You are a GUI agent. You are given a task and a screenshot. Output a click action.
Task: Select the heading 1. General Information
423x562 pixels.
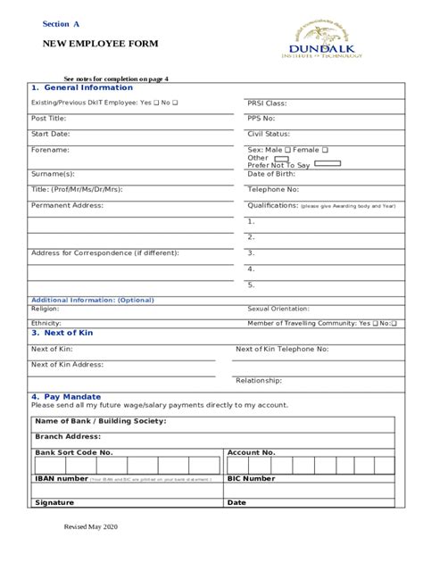[82, 88]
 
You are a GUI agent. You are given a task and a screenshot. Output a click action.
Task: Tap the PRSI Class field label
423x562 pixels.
[267, 103]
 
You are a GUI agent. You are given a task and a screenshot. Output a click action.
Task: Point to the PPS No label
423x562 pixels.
[261, 118]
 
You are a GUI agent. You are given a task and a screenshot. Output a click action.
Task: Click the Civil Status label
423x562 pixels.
[269, 134]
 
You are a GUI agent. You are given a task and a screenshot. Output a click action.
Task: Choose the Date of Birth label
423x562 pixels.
[272, 173]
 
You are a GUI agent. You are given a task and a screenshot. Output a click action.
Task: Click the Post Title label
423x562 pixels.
[49, 118]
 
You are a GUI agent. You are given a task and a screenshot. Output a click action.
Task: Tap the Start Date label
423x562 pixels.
[51, 134]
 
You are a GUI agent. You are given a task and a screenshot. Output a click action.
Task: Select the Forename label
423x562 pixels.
[50, 150]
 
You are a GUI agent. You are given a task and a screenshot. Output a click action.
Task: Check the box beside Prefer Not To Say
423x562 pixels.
[328, 164]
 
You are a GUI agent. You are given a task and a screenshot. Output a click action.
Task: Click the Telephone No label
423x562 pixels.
[273, 189]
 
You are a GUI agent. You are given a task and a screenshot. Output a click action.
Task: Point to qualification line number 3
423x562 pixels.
[252, 252]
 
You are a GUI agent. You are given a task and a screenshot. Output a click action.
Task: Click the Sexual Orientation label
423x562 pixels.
[278, 308]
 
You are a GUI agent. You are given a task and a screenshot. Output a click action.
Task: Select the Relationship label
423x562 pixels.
[259, 380]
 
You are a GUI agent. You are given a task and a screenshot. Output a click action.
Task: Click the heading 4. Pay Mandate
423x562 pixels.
[66, 396]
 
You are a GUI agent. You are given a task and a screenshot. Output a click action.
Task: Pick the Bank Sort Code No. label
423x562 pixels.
[74, 452]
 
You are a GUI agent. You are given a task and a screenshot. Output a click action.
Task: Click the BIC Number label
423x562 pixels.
[252, 478]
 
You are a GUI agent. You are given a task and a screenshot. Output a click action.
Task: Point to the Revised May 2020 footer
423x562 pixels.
[91, 527]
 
